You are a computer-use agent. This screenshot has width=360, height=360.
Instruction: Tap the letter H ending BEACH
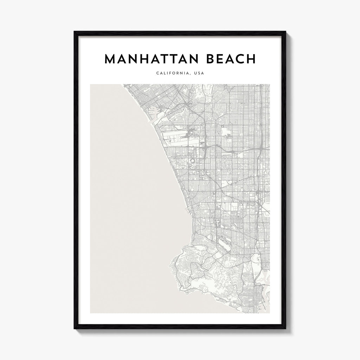(x=251, y=59)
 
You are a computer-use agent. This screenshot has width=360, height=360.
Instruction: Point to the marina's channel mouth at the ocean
(x=151, y=124)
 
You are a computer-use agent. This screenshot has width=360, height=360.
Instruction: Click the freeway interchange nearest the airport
(x=204, y=153)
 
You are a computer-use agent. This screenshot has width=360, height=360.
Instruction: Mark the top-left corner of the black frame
(x=74, y=31)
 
